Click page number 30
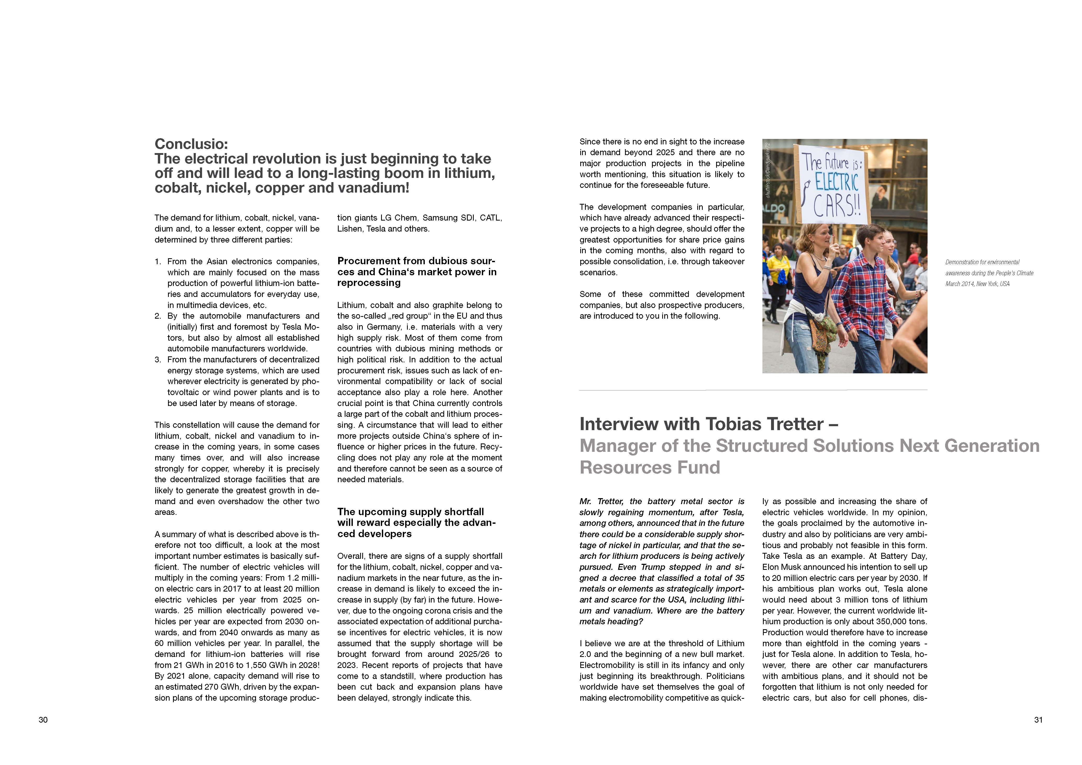pos(43,720)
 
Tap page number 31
pos(1038,720)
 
